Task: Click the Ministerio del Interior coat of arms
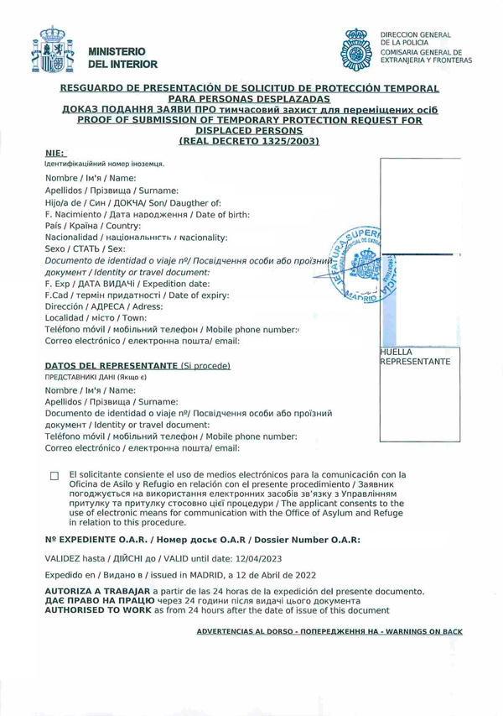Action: pos(52,51)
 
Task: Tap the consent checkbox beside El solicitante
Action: pos(54,477)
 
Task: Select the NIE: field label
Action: pos(54,154)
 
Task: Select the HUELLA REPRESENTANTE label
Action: pos(415,357)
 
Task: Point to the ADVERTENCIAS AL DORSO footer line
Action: pos(329,630)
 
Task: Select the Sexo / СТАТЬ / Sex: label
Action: pos(85,249)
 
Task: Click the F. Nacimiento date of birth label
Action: pos(147,214)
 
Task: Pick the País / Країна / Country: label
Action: pos(93,226)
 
